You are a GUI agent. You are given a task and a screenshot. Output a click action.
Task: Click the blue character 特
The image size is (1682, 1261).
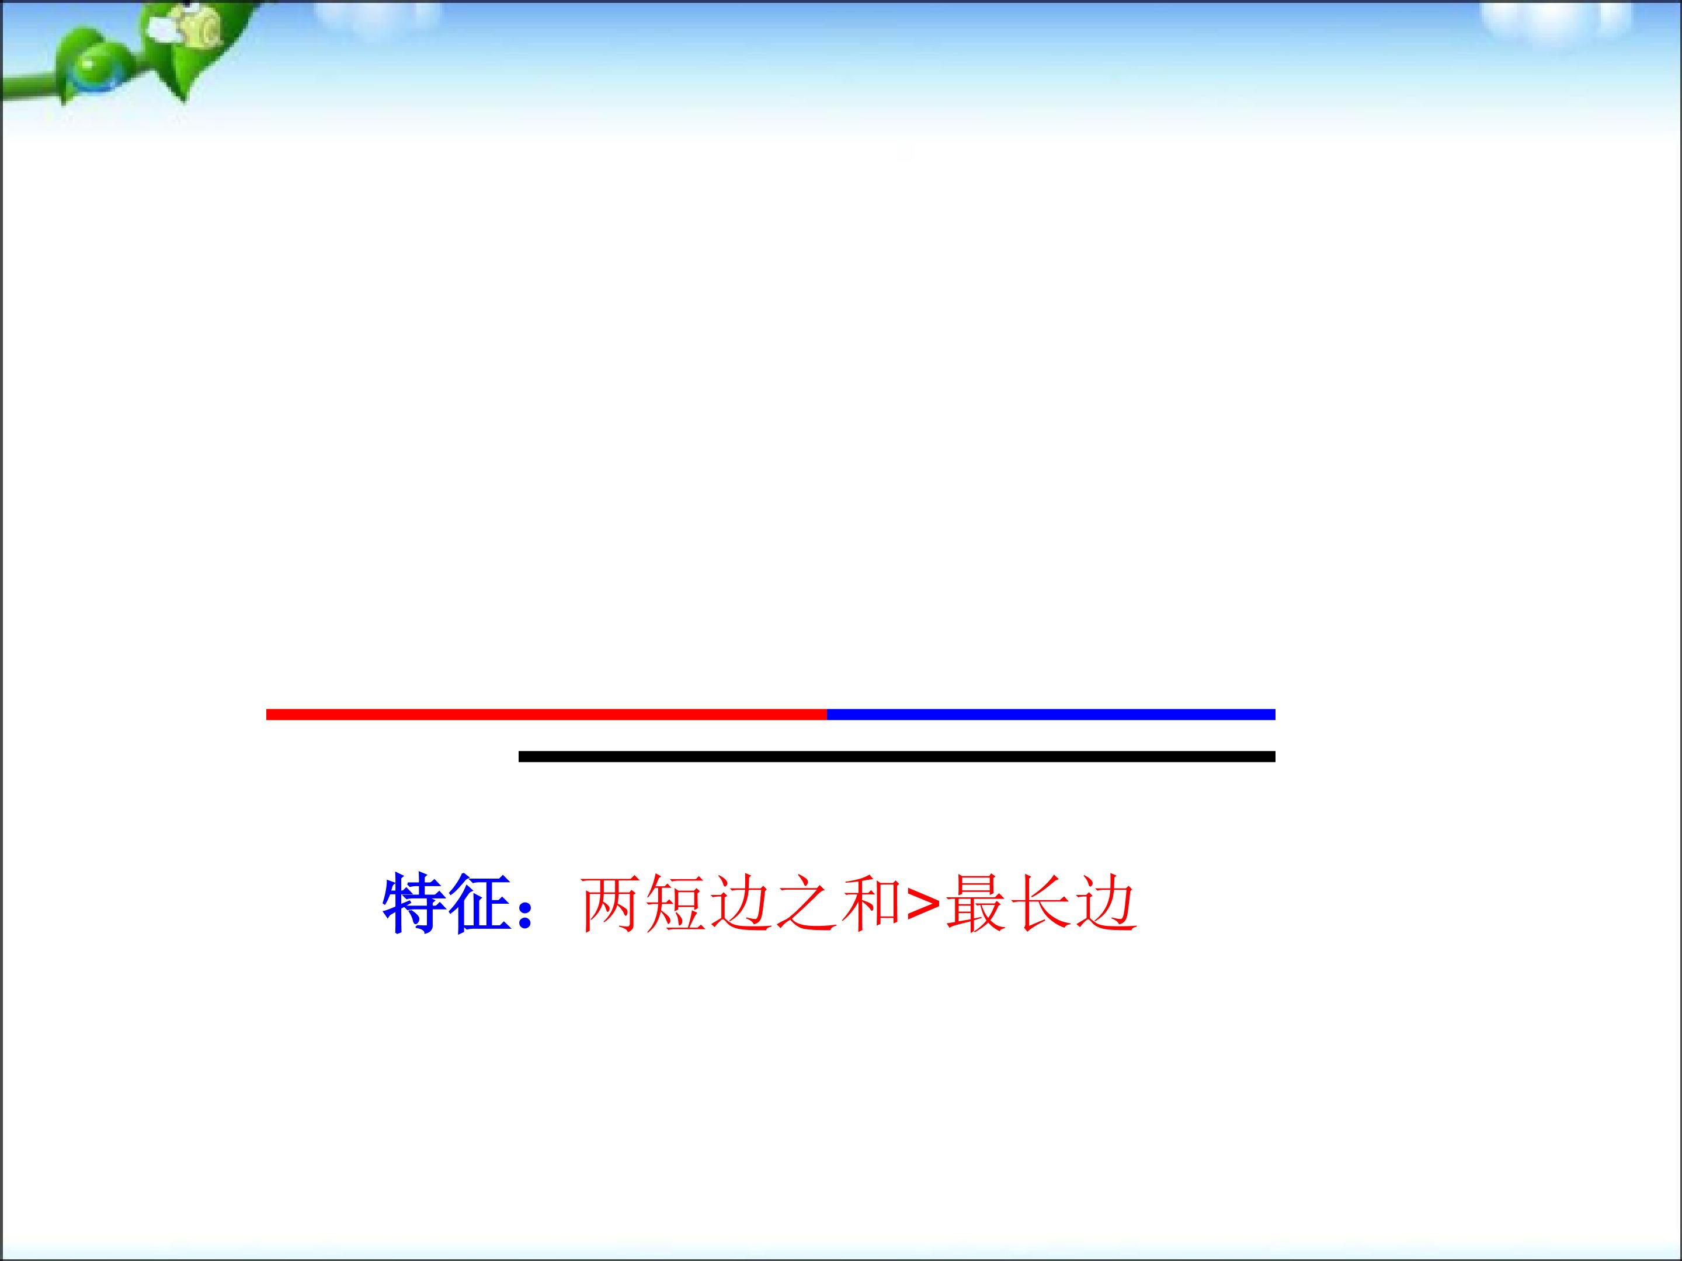[415, 904]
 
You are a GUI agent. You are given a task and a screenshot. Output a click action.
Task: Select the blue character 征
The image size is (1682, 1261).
[478, 904]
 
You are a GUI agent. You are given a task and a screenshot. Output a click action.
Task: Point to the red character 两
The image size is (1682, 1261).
[610, 904]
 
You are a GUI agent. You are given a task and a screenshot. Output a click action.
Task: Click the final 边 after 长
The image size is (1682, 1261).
[1106, 904]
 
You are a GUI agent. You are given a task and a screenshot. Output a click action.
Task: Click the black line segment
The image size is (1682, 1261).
[896, 756]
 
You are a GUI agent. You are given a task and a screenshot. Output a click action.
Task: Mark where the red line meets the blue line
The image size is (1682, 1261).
[826, 715]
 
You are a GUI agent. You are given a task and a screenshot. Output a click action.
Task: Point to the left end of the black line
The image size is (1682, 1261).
[521, 756]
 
